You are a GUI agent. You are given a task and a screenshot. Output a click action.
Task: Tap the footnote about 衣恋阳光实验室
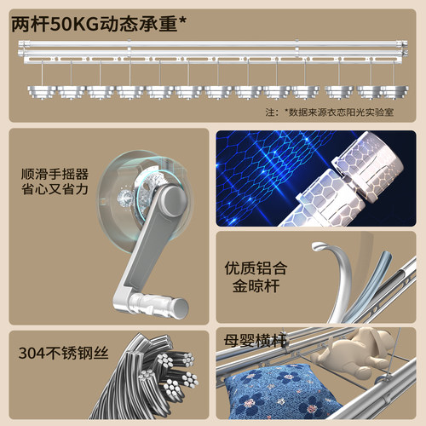330,112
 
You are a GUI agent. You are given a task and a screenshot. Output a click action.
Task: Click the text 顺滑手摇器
55,174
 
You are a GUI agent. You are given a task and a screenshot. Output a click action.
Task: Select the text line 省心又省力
55,189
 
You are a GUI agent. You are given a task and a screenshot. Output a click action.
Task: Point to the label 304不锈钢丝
63,353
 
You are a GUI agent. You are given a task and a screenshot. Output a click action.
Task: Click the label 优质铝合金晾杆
256,277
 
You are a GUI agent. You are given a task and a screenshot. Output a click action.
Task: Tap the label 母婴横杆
255,340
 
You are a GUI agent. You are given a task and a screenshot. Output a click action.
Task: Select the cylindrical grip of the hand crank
159,306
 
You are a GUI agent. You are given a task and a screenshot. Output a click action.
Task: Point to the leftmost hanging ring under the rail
42,93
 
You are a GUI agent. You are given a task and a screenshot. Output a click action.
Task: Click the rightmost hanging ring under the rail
394,93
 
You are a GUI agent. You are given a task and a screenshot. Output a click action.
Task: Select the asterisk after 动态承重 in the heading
183,20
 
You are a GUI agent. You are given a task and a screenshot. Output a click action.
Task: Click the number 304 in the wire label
32,354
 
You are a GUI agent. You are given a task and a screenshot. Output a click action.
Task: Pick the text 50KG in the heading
74,24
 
